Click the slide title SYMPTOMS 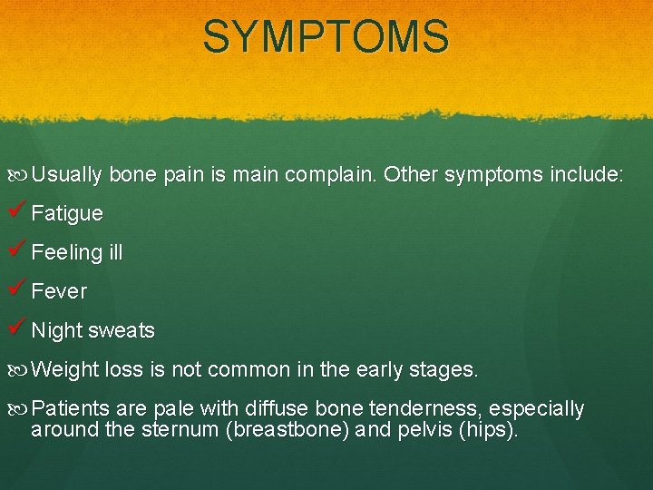pyautogui.click(x=326, y=38)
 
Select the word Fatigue pyautogui.click(x=67, y=214)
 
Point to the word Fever pyautogui.click(x=59, y=292)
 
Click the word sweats pyautogui.click(x=122, y=331)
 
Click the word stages pyautogui.click(x=444, y=370)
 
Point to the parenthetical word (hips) pyautogui.click(x=489, y=430)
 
